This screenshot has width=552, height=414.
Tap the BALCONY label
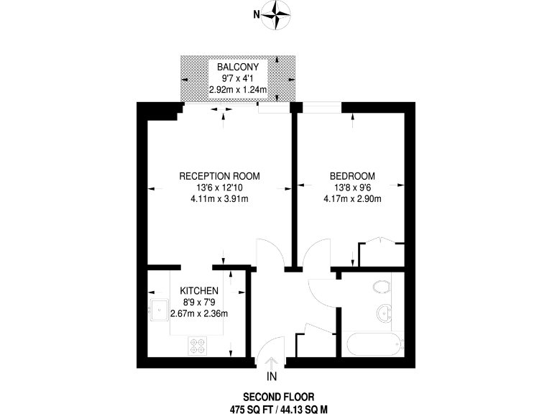[x=238, y=68]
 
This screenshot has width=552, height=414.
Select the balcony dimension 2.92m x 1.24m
[x=238, y=91]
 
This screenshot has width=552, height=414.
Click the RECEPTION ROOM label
[x=219, y=176]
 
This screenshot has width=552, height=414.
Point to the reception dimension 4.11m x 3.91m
[x=219, y=199]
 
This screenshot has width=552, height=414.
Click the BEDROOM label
[x=352, y=176]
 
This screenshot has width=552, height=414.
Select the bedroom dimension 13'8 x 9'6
[x=352, y=188]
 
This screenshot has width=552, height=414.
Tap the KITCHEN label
[x=198, y=290]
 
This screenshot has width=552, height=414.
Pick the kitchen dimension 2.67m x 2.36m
[x=198, y=313]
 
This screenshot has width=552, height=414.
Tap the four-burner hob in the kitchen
[x=198, y=346]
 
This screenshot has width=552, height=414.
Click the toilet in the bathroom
[x=382, y=288]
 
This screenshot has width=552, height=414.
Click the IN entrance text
[x=272, y=376]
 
